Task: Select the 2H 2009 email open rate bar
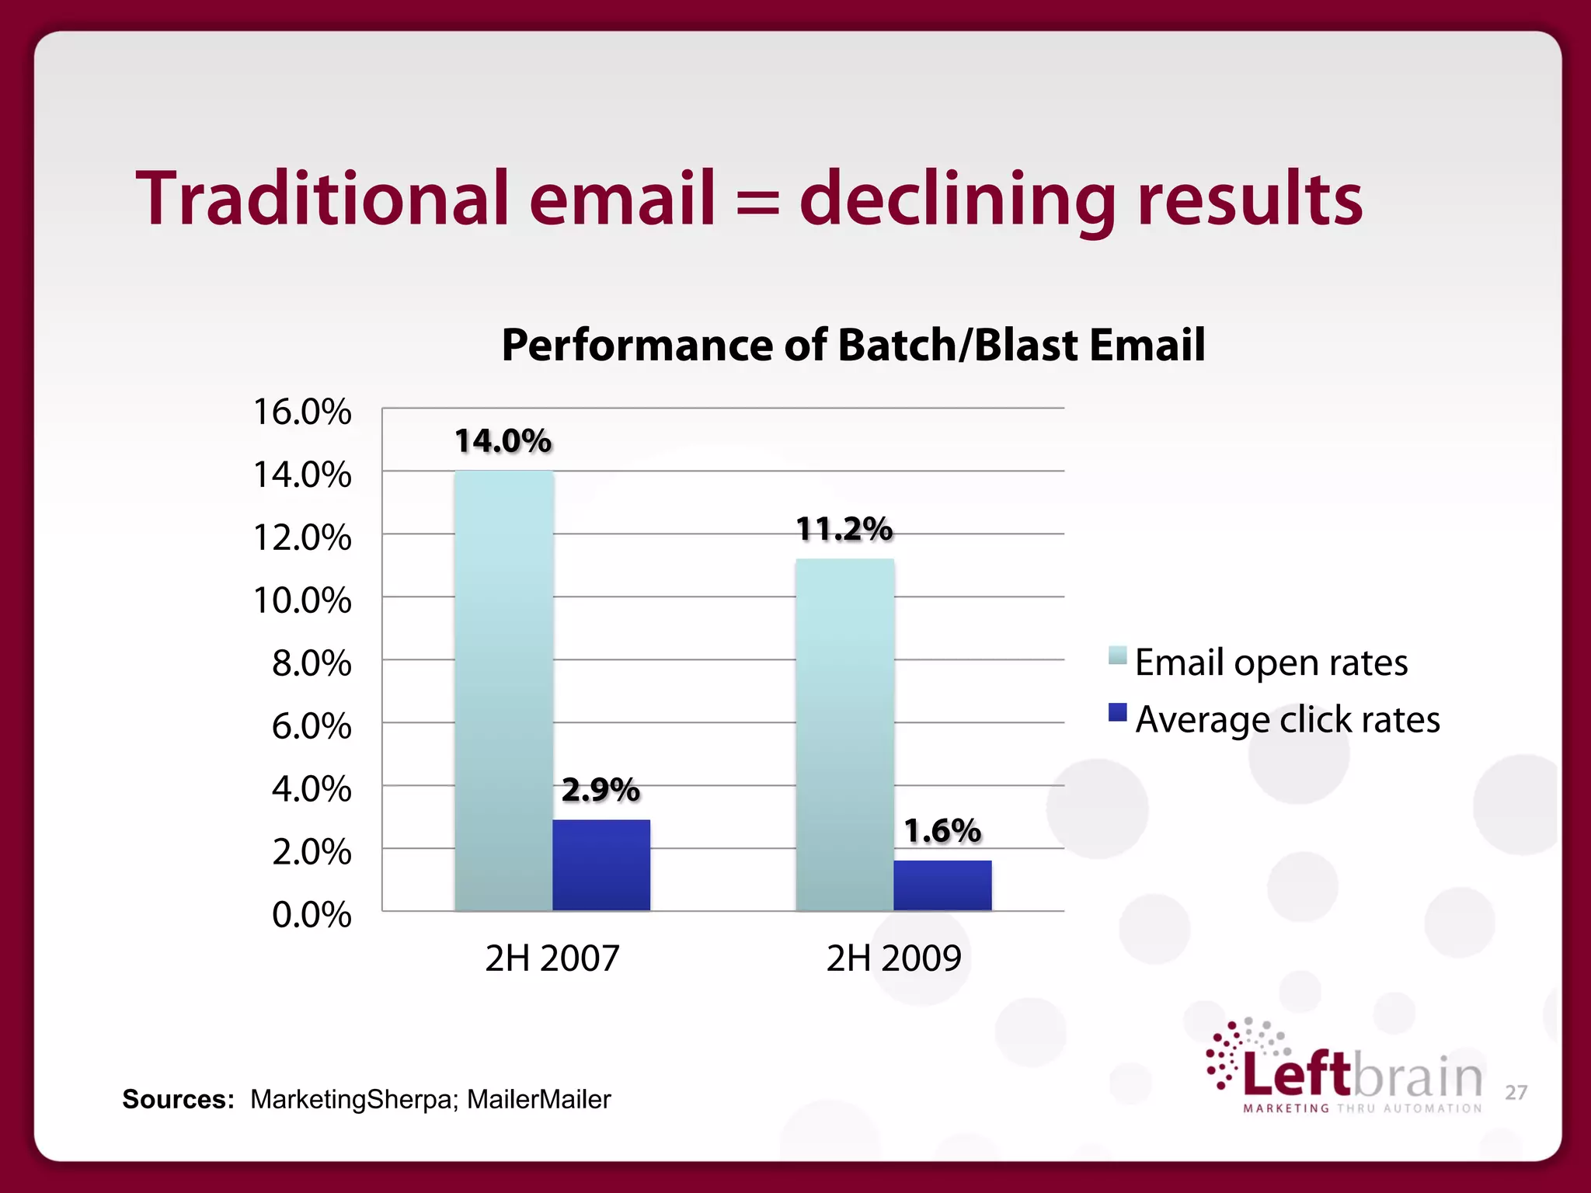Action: coord(844,734)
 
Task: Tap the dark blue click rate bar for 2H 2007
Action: coord(601,864)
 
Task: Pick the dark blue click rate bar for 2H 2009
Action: coord(942,885)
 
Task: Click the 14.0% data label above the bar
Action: coord(503,441)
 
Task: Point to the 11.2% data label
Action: coord(844,530)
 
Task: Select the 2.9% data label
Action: coord(601,790)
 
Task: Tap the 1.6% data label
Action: coord(942,831)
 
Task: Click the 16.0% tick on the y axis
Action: coord(302,412)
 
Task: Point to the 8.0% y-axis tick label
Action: coord(311,664)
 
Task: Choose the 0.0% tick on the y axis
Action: coord(311,915)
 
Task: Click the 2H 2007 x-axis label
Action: coord(552,958)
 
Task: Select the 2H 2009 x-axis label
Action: coord(893,958)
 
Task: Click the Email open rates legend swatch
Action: coord(1117,655)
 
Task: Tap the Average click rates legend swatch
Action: coord(1117,712)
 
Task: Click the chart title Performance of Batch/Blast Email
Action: coord(853,345)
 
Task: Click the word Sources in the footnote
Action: coord(178,1099)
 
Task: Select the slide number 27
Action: coord(1516,1093)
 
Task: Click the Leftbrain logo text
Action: coord(1363,1075)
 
